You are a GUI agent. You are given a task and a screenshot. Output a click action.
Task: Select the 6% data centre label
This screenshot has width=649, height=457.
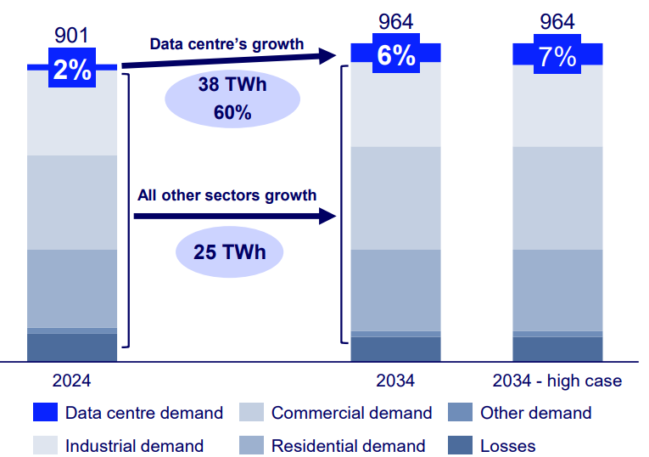(x=396, y=55)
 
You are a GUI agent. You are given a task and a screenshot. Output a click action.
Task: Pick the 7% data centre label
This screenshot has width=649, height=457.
(x=557, y=57)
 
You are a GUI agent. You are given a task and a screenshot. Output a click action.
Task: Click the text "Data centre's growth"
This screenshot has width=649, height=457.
(x=227, y=43)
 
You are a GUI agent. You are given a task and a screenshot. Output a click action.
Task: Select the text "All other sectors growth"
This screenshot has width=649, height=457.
(x=227, y=195)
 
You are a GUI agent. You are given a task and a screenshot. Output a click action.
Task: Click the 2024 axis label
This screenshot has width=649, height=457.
(x=71, y=381)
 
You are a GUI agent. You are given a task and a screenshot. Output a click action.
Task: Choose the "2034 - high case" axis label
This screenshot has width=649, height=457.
(x=557, y=381)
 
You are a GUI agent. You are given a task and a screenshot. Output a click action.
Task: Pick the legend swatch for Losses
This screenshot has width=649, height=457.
(x=460, y=445)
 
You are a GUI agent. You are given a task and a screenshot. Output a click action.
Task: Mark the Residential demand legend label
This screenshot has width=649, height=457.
(x=348, y=445)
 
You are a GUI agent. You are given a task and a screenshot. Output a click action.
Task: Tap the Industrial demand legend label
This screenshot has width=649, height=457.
(x=134, y=445)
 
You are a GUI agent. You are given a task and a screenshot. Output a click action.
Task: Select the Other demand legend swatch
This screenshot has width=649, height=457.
(x=460, y=413)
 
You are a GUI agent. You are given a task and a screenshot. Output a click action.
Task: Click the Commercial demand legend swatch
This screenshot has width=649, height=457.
(x=251, y=413)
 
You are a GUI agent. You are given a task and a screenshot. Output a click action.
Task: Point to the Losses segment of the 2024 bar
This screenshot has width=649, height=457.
(x=71, y=347)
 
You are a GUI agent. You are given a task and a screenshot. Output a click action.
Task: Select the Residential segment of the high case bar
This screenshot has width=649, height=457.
(x=557, y=289)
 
